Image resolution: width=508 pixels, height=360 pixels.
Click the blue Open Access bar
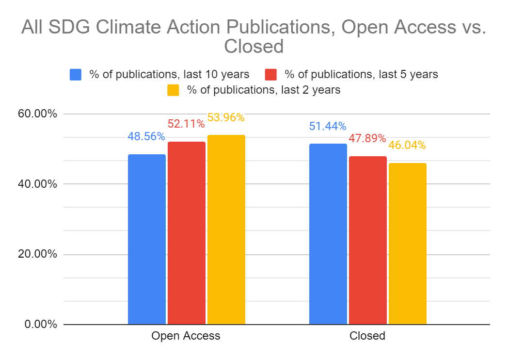[146, 239]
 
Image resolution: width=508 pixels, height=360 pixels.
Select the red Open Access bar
[186, 233]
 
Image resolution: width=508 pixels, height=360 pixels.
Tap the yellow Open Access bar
[226, 229]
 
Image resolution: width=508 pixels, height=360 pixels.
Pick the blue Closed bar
[328, 234]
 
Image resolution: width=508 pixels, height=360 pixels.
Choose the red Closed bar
[367, 240]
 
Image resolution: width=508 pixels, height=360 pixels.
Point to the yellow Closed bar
[407, 244]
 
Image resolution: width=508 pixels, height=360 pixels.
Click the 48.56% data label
[146, 136]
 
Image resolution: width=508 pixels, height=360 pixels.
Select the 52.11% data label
[186, 124]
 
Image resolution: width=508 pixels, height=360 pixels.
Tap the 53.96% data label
[226, 117]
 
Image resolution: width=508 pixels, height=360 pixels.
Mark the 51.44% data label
[328, 126]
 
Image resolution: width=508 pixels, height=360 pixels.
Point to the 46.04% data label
[407, 145]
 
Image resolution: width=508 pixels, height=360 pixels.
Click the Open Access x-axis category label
[186, 336]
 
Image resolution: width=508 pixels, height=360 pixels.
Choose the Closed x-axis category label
[367, 336]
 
